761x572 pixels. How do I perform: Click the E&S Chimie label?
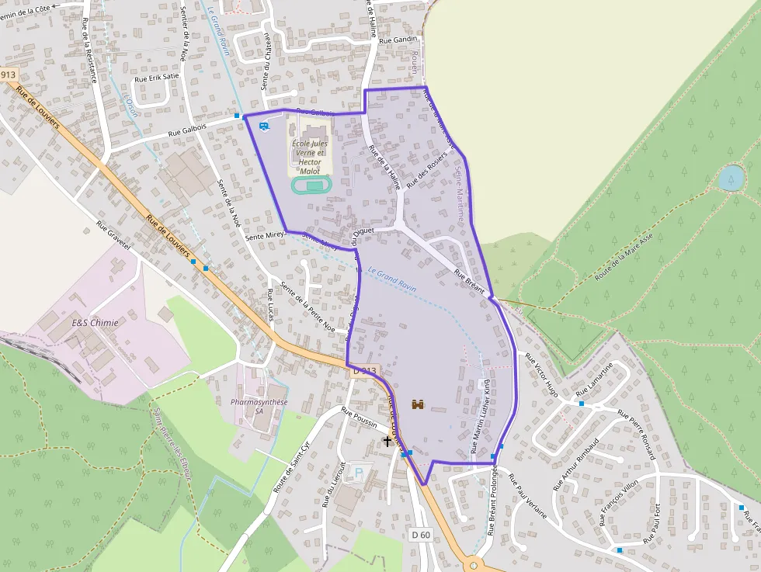[95, 323]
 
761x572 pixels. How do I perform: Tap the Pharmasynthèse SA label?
[259, 407]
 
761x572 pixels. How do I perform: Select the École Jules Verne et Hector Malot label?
[309, 157]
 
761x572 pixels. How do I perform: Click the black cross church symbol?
[387, 442]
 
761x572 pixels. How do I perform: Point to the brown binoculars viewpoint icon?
[418, 404]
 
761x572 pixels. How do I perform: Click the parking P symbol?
[358, 470]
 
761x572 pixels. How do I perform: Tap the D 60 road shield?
[420, 535]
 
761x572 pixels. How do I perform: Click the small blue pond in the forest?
[730, 178]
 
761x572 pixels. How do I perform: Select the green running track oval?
[311, 185]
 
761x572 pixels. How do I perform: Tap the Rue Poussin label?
[359, 417]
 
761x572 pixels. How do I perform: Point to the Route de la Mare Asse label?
[624, 255]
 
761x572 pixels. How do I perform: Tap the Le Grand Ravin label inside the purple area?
[392, 280]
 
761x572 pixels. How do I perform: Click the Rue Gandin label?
[400, 39]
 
